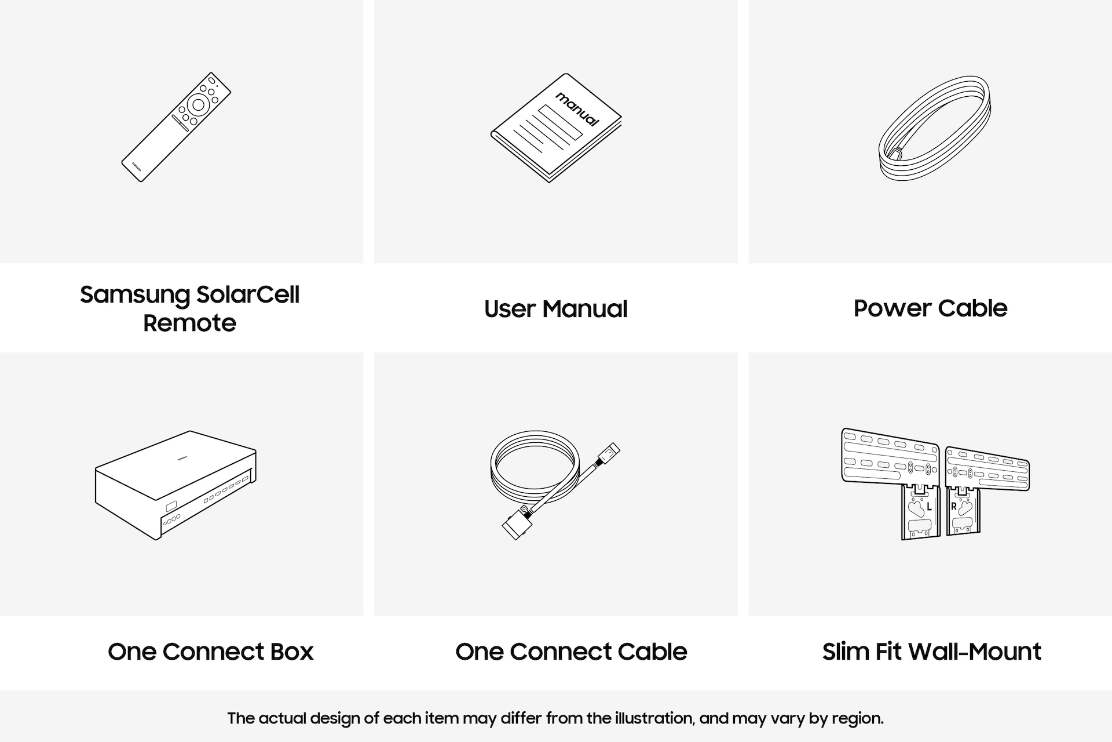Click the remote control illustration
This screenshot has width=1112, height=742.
pos(176,127)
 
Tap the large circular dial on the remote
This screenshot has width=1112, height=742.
pos(198,104)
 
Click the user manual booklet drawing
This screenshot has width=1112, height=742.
pos(556,128)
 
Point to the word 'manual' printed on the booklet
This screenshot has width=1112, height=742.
pos(577,108)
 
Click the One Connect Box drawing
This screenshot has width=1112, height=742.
pos(176,486)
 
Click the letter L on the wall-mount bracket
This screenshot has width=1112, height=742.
pos(929,507)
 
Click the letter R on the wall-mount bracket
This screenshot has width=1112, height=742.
pos(954,507)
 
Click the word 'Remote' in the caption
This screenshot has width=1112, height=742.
pos(189,323)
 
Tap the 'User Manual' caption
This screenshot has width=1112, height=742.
pos(556,308)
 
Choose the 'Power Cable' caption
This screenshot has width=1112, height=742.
pos(930,308)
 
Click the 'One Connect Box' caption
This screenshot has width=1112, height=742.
pos(211,652)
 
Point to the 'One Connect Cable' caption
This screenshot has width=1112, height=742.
pos(571,652)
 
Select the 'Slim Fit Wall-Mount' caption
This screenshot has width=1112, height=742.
pos(932,652)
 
